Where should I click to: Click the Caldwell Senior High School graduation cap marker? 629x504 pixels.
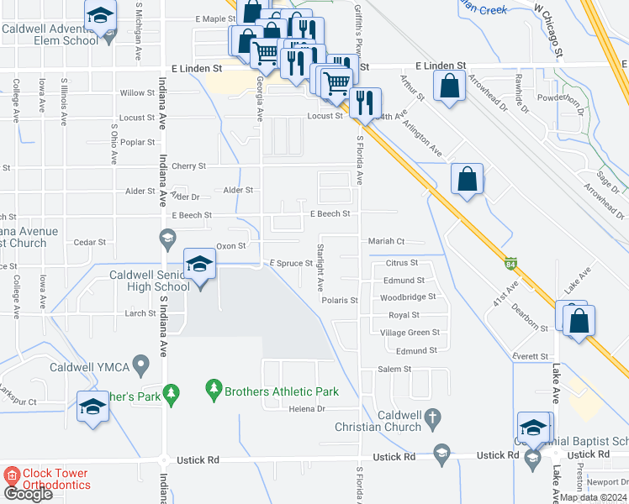tap(200, 265)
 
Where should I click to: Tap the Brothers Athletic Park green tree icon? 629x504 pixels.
tap(214, 389)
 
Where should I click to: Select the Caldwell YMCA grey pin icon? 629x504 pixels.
tap(140, 365)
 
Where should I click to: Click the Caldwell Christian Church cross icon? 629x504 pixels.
tap(432, 417)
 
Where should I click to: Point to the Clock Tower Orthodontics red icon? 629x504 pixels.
tap(12, 475)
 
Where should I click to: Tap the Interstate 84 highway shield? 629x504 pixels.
tap(511, 263)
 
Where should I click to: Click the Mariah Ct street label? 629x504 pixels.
tap(387, 241)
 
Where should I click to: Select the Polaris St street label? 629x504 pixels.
tap(340, 300)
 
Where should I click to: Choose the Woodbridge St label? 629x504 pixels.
tap(407, 297)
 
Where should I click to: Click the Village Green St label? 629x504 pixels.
tap(410, 333)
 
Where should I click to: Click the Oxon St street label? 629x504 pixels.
tap(230, 246)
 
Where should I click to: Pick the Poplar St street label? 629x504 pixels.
tap(138, 143)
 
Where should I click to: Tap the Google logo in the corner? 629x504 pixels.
tap(28, 494)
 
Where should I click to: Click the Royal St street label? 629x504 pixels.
tap(404, 316)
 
